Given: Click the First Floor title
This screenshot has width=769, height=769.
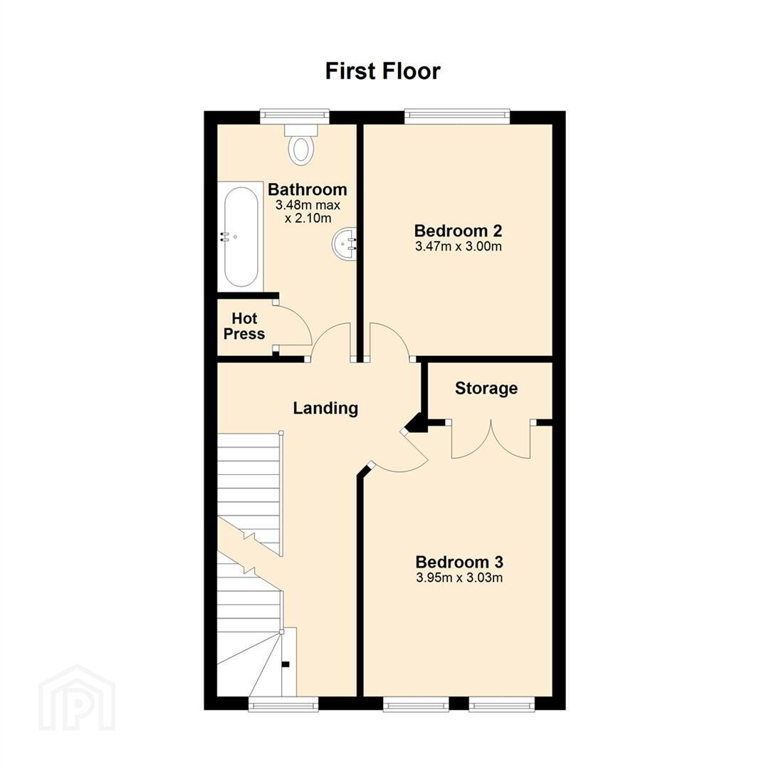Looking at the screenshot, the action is (383, 71).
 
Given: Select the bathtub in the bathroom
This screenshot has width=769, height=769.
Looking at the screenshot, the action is (241, 237).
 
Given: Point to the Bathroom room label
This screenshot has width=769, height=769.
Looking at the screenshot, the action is (308, 189).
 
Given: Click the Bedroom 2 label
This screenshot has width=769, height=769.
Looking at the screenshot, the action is (458, 231).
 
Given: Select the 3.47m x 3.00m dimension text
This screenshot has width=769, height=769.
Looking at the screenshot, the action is (458, 246).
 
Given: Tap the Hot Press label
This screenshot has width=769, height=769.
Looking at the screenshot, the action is (244, 326).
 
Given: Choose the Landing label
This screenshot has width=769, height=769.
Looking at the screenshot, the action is (325, 408).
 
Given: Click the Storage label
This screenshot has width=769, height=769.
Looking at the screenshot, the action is (486, 389).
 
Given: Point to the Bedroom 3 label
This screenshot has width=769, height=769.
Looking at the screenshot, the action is (459, 562).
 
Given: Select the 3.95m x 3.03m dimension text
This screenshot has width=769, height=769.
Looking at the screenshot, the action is (459, 577).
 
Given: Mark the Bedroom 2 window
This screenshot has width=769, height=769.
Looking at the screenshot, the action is (457, 115).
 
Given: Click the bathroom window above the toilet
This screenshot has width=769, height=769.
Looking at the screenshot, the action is (294, 115).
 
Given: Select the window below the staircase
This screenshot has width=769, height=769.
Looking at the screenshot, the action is (283, 704).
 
